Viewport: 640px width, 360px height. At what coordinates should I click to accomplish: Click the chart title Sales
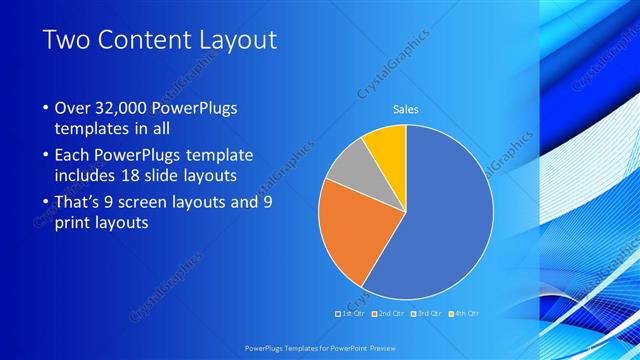(x=405, y=110)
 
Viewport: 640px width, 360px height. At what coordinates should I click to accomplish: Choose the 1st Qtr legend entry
(x=350, y=314)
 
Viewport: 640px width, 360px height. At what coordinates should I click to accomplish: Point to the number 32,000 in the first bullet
(x=125, y=107)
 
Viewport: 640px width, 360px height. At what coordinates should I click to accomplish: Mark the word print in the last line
(x=74, y=223)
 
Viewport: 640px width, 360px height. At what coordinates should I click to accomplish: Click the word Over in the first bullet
(x=74, y=107)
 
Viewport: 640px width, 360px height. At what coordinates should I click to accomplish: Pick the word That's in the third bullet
(x=81, y=203)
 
